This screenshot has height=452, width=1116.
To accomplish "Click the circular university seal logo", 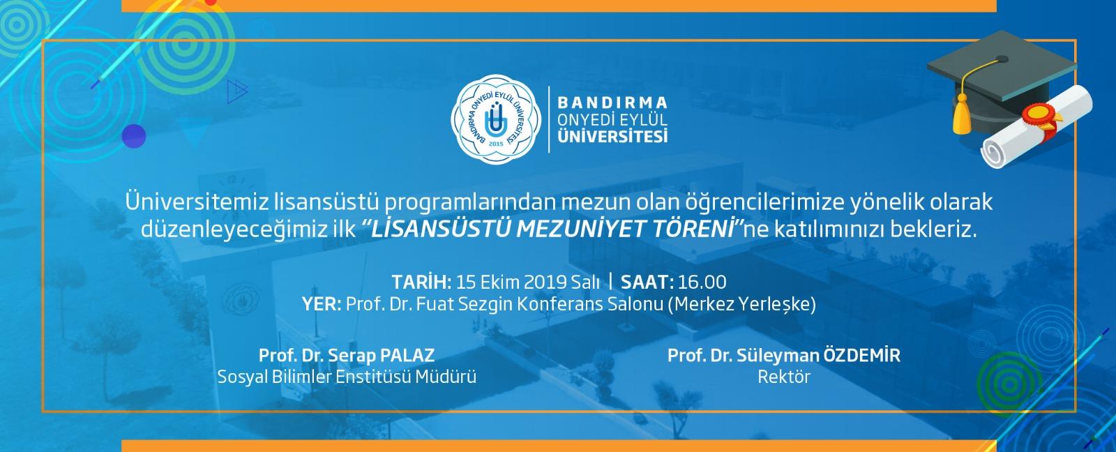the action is coord(496,119).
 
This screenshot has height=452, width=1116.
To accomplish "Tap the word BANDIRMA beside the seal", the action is coord(612,103).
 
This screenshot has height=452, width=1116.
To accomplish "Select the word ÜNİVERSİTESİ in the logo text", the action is coord(612,136).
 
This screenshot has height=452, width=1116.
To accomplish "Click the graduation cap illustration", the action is coord(1002,82).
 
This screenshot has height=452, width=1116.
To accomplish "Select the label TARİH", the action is coord(421,282).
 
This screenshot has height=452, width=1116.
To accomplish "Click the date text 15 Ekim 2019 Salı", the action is coord(527,282).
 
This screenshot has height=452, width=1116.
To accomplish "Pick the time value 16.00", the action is coord(702,282).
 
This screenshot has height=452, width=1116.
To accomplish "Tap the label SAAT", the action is coord(647,282).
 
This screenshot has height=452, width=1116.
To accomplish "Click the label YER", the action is coord(322,304).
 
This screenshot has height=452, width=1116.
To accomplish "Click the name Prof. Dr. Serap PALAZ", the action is coord(347,355).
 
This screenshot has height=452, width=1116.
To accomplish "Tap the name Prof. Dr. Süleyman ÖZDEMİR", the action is coord(784,355).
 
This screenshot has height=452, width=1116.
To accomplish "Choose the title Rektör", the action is coord(784,377).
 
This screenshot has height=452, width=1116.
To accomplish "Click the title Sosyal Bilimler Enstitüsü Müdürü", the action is coord(347,377).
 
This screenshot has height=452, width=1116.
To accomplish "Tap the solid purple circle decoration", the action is coord(134,136).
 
